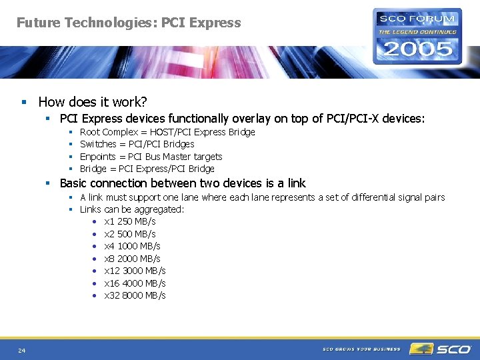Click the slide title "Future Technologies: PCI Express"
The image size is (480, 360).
coord(129,23)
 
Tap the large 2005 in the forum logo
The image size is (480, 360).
coord(417,48)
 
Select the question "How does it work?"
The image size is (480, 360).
coord(93,102)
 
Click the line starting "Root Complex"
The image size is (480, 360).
coord(167,132)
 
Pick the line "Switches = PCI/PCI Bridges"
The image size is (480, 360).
coord(137,144)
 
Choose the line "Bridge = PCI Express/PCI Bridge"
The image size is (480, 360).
coord(147,169)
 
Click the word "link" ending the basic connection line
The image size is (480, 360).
coord(296,183)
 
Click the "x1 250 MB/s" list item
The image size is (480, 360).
coord(130,221)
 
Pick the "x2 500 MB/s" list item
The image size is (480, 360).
coord(130,234)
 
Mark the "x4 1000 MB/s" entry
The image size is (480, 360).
coord(132,246)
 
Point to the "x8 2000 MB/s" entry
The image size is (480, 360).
coord(132,259)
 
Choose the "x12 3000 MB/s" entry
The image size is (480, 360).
coord(135,271)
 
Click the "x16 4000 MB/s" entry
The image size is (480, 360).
coord(135,283)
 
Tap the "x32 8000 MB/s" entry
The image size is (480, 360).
coord(135,295)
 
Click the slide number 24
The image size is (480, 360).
coord(22,350)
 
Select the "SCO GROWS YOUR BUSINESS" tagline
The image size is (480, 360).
coord(361,349)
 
